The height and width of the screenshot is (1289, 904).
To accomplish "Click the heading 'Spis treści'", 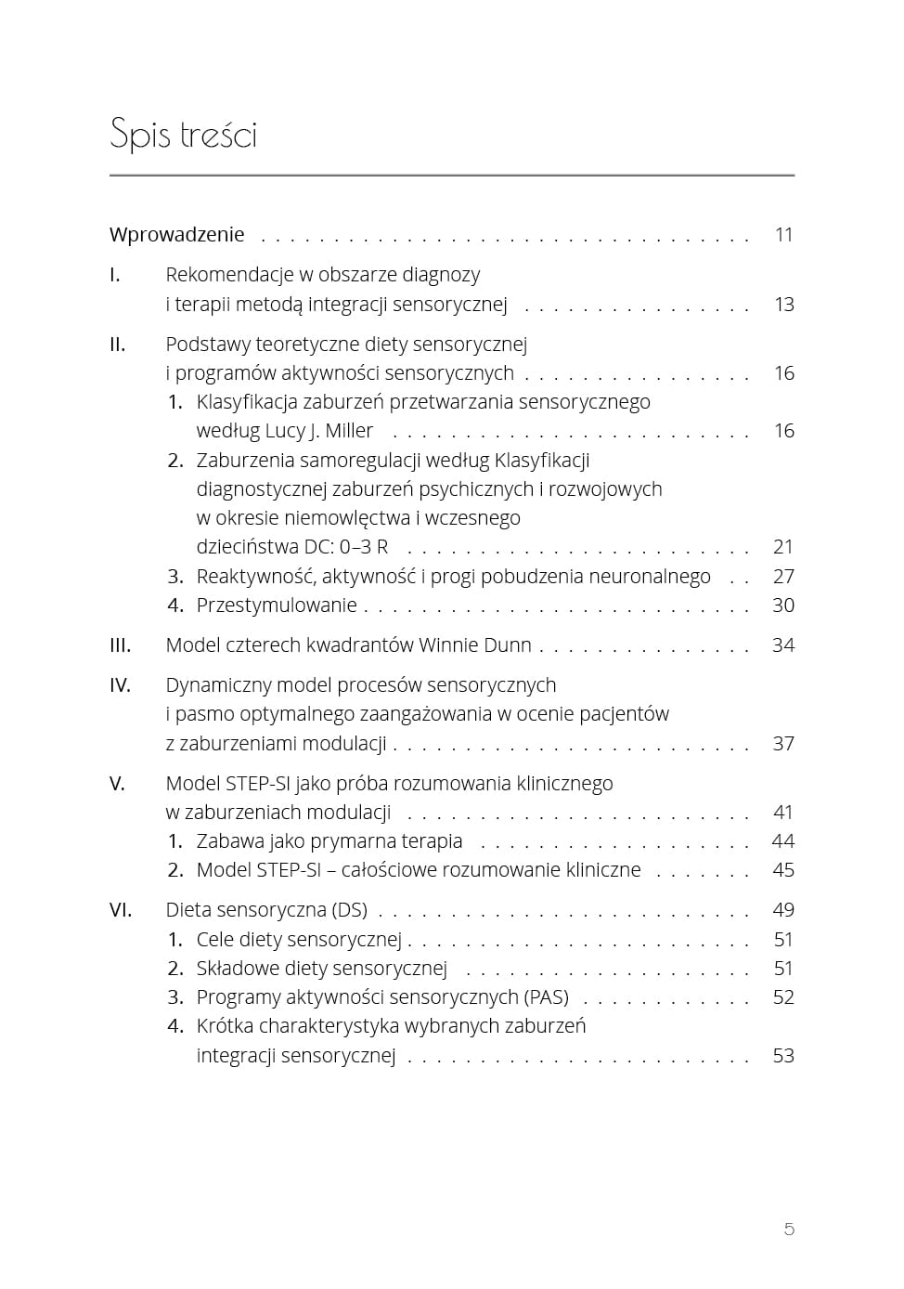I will pos(183,135).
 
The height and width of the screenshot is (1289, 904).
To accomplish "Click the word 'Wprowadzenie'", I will pos(176,235).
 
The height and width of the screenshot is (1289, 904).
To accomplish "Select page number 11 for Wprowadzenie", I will pos(784,235).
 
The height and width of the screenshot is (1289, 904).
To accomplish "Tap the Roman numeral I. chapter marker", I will pos(115,275).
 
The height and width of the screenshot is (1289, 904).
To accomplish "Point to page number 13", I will pos(784,305).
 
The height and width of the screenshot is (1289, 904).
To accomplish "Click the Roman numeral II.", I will pos(118,345).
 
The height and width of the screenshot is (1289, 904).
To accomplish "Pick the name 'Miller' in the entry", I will pos(349,431).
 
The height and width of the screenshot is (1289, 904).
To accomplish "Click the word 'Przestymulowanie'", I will pos(277,605).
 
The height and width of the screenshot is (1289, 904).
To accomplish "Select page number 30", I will pos(783,605).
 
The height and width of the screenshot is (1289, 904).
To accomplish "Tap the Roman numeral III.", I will pos(121,645).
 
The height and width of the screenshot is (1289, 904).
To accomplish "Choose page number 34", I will pos(783,645).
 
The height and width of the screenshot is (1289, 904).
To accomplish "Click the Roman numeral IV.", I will pos(121,685).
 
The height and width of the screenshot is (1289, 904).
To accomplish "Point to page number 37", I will pos(783,744).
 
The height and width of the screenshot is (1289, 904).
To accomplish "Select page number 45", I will pos(783,870).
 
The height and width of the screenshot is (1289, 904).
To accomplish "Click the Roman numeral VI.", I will pos(121,910).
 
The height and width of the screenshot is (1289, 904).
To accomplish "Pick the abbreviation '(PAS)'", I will pos(546,997).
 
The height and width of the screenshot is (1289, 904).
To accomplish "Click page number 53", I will pos(783,1056).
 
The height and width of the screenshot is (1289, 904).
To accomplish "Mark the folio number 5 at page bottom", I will pos(789,1230).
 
